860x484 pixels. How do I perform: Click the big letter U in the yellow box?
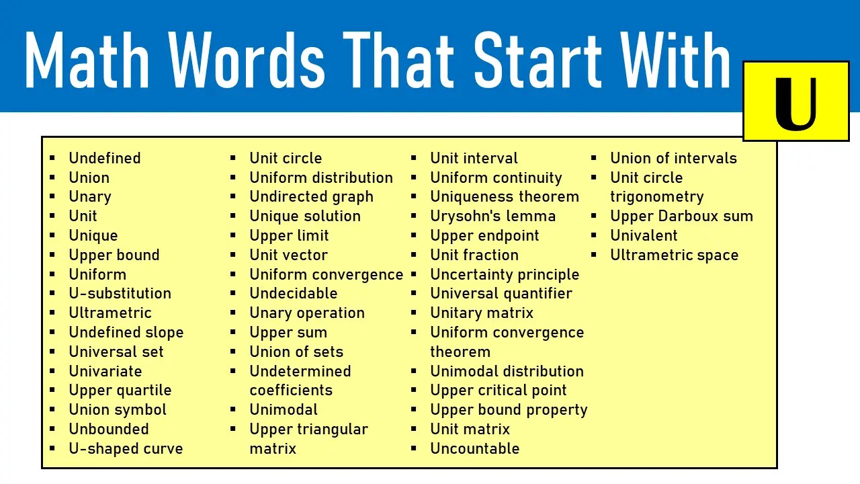pos(795,104)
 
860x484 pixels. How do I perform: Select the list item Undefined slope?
pos(126,332)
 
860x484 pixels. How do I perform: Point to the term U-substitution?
pos(120,293)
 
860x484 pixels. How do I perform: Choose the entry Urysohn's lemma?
pos(492,216)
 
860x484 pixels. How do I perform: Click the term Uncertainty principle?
pos(505,274)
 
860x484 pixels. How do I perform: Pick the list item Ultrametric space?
pos(674,255)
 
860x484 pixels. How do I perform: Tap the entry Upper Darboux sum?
pos(681,216)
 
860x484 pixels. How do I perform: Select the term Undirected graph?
pos(311,196)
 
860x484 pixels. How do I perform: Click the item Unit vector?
pos(288,255)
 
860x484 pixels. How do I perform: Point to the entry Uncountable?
pos(474,448)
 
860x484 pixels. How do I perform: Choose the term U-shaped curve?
pos(126,448)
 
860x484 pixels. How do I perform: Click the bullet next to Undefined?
pos(53,159)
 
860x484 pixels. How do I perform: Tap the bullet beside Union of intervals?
pos(595,159)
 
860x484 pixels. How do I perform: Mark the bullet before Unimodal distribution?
pos(415,371)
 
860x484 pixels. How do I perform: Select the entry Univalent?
pos(644,235)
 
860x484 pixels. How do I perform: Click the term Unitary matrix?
pos(481,313)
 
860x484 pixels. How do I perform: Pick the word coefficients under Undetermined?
pos(291,390)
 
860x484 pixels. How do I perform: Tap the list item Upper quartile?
pos(120,390)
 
